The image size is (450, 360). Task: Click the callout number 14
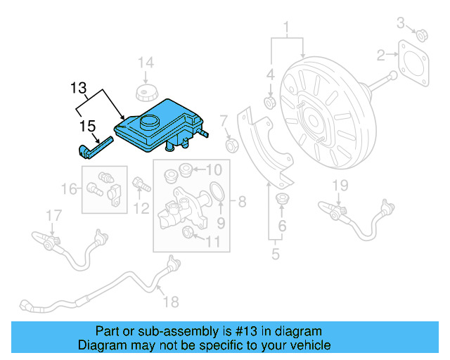pyautogui.click(x=145, y=64)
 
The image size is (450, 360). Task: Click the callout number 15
pyautogui.click(x=87, y=126)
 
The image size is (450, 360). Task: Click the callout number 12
pyautogui.click(x=142, y=208)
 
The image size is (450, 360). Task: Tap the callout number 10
pyautogui.click(x=214, y=169)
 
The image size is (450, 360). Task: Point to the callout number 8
pyautogui.click(x=242, y=203)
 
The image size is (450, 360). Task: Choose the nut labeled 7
pyautogui.click(x=230, y=145)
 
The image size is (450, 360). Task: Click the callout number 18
pyautogui.click(x=171, y=302)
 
